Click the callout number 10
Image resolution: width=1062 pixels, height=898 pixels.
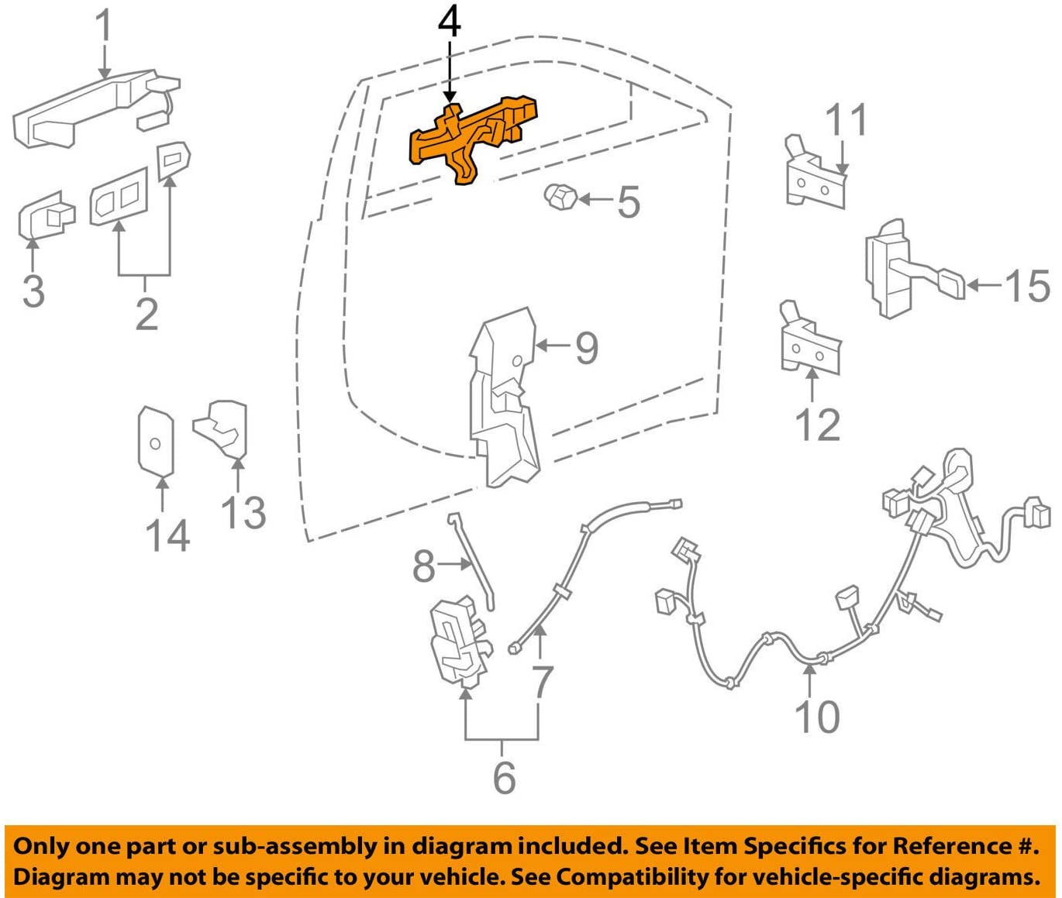817,717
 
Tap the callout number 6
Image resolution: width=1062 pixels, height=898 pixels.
504,776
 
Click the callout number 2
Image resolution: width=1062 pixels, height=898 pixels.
146,313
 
